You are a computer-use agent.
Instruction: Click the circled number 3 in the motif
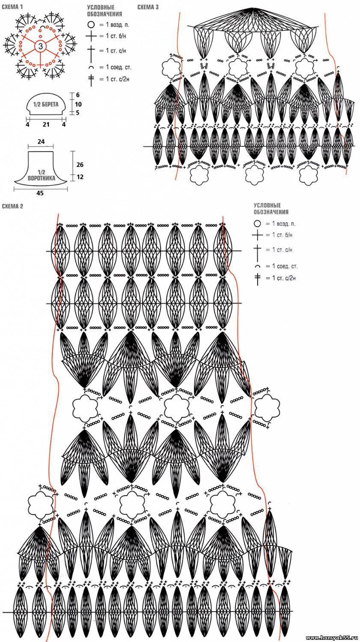click(40, 46)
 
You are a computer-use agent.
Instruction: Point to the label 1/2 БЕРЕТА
click(46, 104)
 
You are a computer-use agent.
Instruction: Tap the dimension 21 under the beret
click(46, 125)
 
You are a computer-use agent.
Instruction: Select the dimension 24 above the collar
click(41, 142)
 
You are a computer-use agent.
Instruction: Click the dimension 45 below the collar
click(40, 193)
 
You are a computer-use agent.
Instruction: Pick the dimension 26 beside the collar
click(80, 165)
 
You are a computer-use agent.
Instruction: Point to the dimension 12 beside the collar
click(80, 177)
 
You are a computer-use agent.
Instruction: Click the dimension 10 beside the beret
click(78, 104)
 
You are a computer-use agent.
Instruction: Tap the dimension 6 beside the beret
click(78, 95)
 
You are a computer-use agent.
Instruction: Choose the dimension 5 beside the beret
click(78, 113)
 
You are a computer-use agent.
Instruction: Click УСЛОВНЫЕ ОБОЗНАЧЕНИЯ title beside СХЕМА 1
click(104, 11)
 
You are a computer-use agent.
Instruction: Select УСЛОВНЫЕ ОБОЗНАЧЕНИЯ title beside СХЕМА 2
click(271, 208)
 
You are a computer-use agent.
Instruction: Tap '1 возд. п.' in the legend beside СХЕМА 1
click(116, 25)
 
